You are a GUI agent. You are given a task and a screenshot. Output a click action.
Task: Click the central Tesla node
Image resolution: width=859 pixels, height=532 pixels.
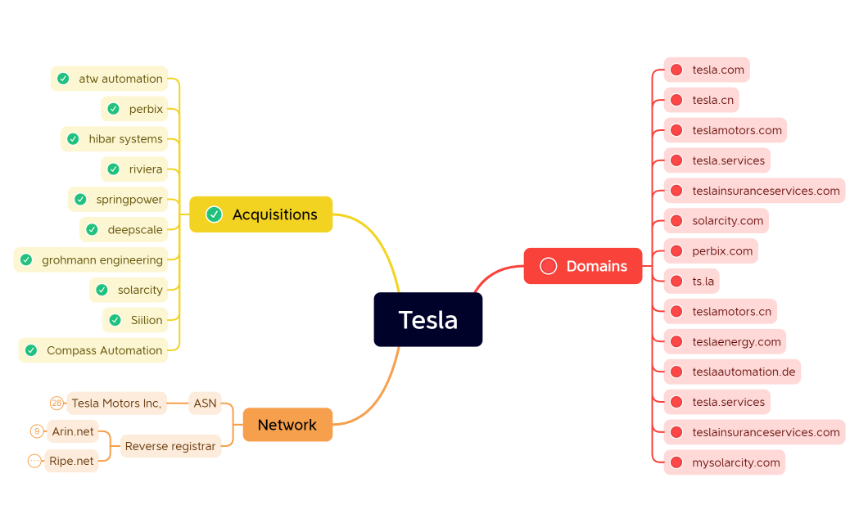(x=427, y=319)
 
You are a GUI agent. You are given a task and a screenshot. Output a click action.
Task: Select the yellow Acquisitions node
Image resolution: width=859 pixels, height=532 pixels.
(x=260, y=214)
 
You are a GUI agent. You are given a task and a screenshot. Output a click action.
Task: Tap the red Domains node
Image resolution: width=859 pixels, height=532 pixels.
(x=582, y=266)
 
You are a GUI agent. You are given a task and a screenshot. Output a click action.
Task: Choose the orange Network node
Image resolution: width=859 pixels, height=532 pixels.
(x=287, y=425)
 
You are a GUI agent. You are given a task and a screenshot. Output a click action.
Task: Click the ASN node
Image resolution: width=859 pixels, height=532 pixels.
(x=205, y=403)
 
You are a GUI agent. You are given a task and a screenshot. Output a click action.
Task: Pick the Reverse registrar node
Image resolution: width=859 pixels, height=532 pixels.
(x=170, y=446)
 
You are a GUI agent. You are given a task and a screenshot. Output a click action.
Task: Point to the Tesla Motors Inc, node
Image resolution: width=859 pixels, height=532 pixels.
(x=116, y=403)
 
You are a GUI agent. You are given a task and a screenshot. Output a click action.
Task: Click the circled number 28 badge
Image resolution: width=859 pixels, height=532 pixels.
(x=57, y=403)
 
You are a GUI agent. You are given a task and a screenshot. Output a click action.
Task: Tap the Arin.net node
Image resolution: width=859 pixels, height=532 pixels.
(x=73, y=431)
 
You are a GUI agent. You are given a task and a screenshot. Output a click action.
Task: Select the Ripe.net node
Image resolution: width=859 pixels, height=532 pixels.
(x=71, y=461)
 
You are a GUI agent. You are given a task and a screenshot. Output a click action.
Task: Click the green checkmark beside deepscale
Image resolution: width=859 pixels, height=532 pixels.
(x=92, y=230)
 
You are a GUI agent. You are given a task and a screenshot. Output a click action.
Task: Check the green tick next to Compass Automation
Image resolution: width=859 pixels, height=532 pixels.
(x=31, y=350)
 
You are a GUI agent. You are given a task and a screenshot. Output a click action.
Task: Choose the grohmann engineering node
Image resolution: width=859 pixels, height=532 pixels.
(x=102, y=260)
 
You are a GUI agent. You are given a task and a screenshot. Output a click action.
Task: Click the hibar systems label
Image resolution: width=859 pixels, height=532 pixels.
(x=125, y=139)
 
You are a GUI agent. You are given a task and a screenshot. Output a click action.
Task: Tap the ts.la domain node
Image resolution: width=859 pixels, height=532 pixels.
(x=703, y=282)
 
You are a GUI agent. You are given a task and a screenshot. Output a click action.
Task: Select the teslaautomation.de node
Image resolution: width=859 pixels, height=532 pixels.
(x=744, y=372)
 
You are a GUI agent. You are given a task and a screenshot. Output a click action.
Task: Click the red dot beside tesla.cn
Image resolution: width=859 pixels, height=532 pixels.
(x=676, y=100)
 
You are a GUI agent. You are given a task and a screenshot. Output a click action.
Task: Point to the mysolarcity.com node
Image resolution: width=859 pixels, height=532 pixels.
(x=735, y=462)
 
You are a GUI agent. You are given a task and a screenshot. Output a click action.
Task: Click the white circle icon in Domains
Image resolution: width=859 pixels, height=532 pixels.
(x=549, y=266)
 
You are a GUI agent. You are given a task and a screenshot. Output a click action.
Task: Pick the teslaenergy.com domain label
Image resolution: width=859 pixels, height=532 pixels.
(x=736, y=341)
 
